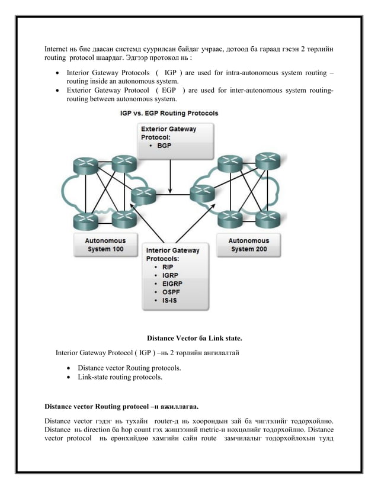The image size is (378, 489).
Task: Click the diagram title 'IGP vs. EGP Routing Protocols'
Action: (x=169, y=113)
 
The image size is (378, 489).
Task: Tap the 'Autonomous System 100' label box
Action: (x=105, y=245)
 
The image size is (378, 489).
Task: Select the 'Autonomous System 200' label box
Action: (x=248, y=245)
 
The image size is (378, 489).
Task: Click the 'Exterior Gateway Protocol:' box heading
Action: (x=168, y=133)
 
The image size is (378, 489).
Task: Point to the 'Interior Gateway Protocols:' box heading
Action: (x=172, y=254)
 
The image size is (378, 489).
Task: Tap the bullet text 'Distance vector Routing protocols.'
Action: (x=129, y=368)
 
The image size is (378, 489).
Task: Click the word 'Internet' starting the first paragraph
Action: (x=57, y=47)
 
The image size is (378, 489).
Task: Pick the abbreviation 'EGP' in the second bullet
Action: (x=169, y=90)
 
